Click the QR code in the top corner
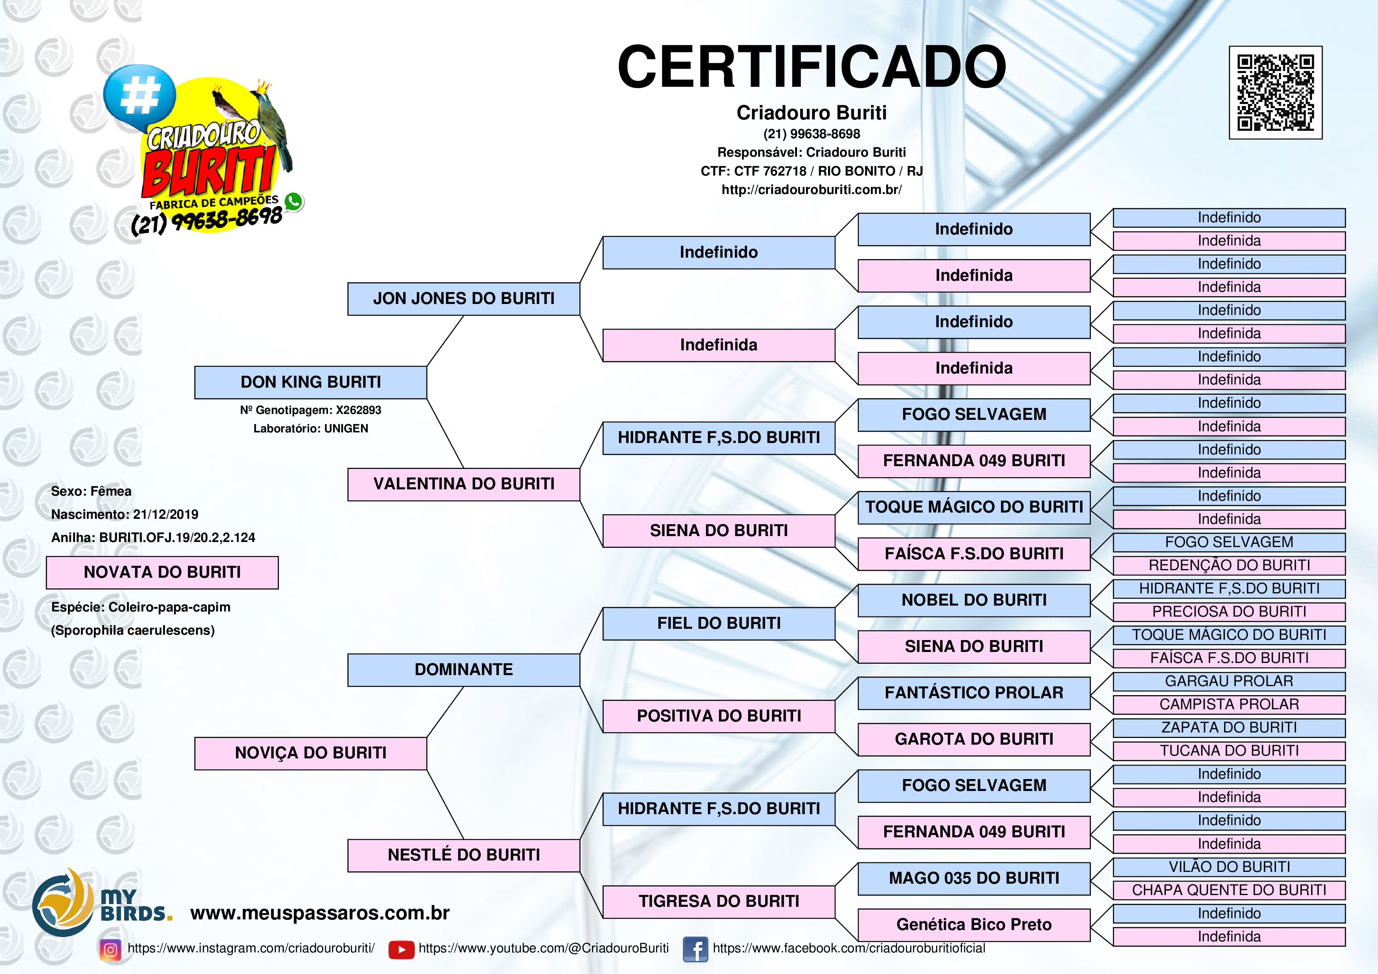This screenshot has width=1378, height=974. coord(1275,92)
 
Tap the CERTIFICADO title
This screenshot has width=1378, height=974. coord(812,67)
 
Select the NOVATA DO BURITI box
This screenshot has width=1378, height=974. coord(162,573)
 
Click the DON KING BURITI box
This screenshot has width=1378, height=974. coord(310,382)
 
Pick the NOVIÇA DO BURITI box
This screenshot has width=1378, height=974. coord(310,753)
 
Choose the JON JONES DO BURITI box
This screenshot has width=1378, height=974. coord(464,299)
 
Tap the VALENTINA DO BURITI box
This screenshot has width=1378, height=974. coord(464,484)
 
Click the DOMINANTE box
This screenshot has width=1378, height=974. coord(464,670)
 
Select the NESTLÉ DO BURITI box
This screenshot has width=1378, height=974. coord(464,855)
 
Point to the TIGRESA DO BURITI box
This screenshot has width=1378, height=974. coord(718,901)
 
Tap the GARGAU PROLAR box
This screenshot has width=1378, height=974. coord(1229,681)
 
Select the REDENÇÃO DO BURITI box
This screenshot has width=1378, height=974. coord(1229,565)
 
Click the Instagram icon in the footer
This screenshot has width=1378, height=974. coord(110,949)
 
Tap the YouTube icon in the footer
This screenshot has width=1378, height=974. coord(401,949)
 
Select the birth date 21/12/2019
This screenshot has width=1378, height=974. coord(166,514)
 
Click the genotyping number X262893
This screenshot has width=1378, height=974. coord(358,410)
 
